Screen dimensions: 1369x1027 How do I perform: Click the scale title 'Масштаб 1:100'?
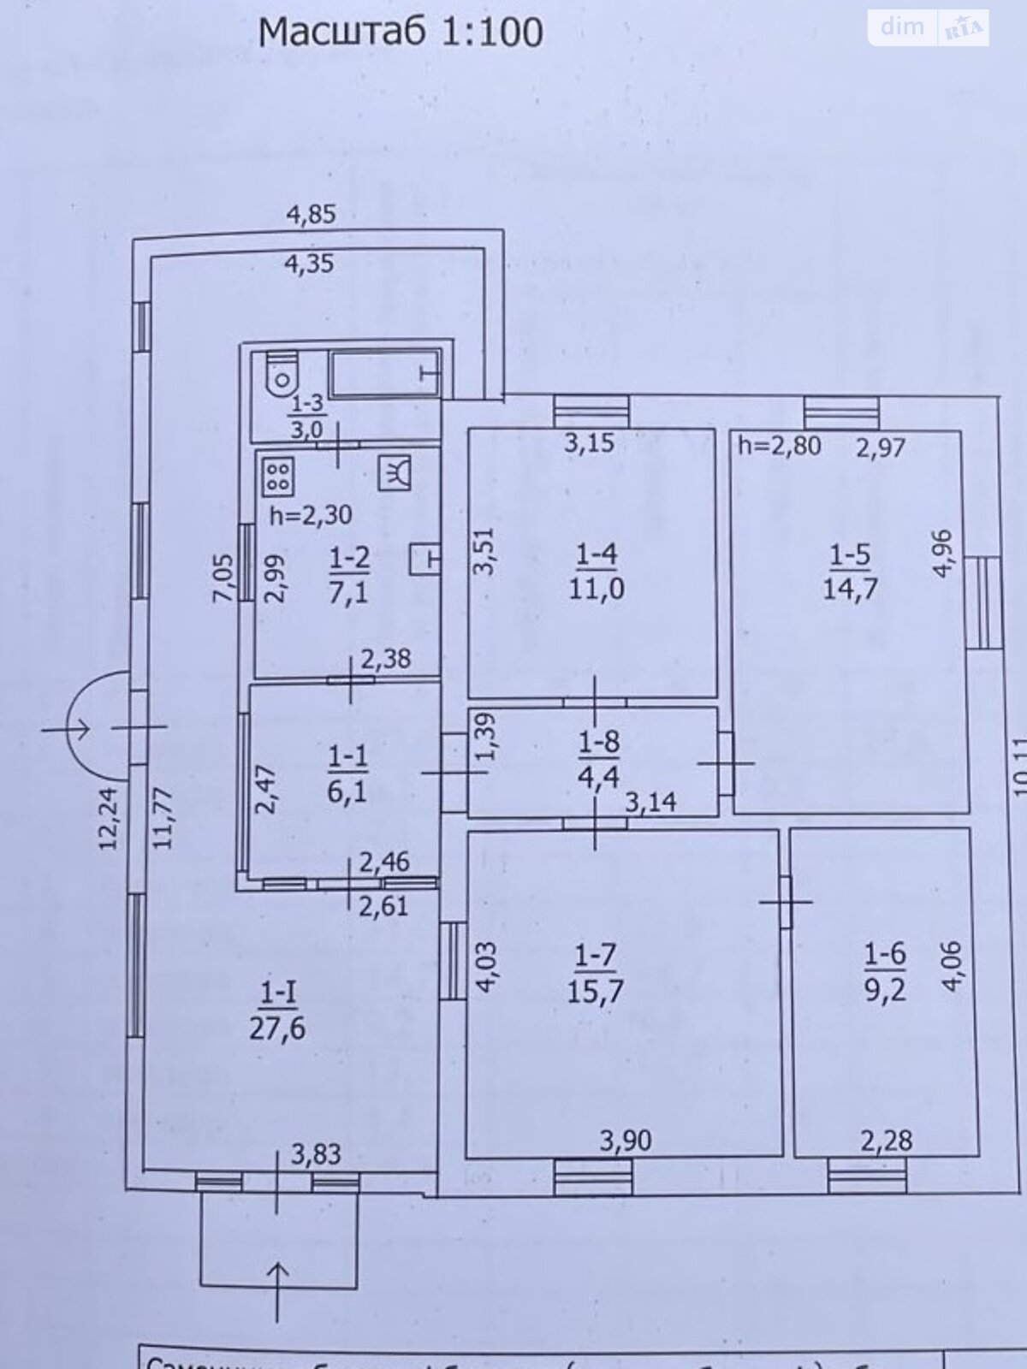[401, 33]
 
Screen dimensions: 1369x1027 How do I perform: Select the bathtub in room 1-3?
[386, 373]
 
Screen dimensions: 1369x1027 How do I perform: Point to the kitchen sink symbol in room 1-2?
[395, 471]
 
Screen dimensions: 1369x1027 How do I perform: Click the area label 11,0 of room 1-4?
[596, 588]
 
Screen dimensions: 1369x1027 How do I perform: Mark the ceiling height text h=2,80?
[779, 446]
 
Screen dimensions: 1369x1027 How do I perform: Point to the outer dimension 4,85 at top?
[310, 214]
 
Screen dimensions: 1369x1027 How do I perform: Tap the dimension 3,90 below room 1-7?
[625, 1140]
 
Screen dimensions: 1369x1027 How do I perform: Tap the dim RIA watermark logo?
[929, 27]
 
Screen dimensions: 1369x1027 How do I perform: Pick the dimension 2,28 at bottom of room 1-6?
[887, 1140]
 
